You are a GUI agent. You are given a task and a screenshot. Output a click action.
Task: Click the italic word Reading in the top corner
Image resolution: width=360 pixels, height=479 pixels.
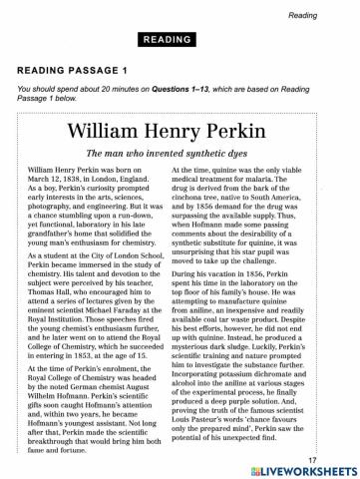point(331,14)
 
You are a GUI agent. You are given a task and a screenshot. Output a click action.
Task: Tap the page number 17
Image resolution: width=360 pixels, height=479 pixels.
point(340,458)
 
